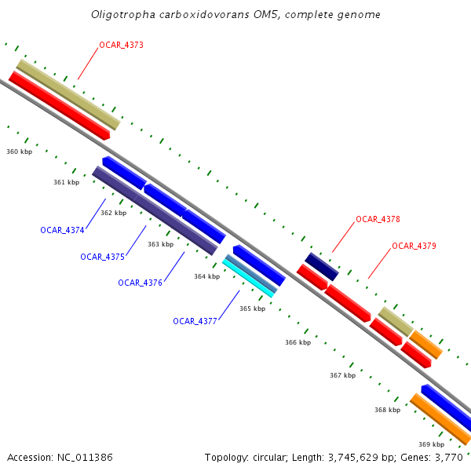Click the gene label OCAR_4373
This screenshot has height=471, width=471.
(121, 46)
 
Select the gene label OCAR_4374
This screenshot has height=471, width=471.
(62, 230)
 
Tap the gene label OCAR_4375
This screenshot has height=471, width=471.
(102, 257)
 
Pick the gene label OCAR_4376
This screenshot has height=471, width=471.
(140, 283)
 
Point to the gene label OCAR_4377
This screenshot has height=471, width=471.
(195, 321)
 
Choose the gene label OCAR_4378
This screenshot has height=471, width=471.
(378, 219)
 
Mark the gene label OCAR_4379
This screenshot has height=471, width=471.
(414, 246)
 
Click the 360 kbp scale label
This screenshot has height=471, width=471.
(19, 152)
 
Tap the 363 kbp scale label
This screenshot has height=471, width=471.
(160, 244)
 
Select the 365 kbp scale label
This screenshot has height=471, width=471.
(252, 309)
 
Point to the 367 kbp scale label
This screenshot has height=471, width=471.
(342, 375)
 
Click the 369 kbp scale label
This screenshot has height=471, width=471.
(431, 444)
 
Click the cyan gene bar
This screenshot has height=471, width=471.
(248, 279)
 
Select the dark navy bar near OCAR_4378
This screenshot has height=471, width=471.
(321, 267)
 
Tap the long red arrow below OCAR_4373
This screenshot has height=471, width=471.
(59, 106)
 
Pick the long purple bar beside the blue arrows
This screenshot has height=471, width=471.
(154, 210)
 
